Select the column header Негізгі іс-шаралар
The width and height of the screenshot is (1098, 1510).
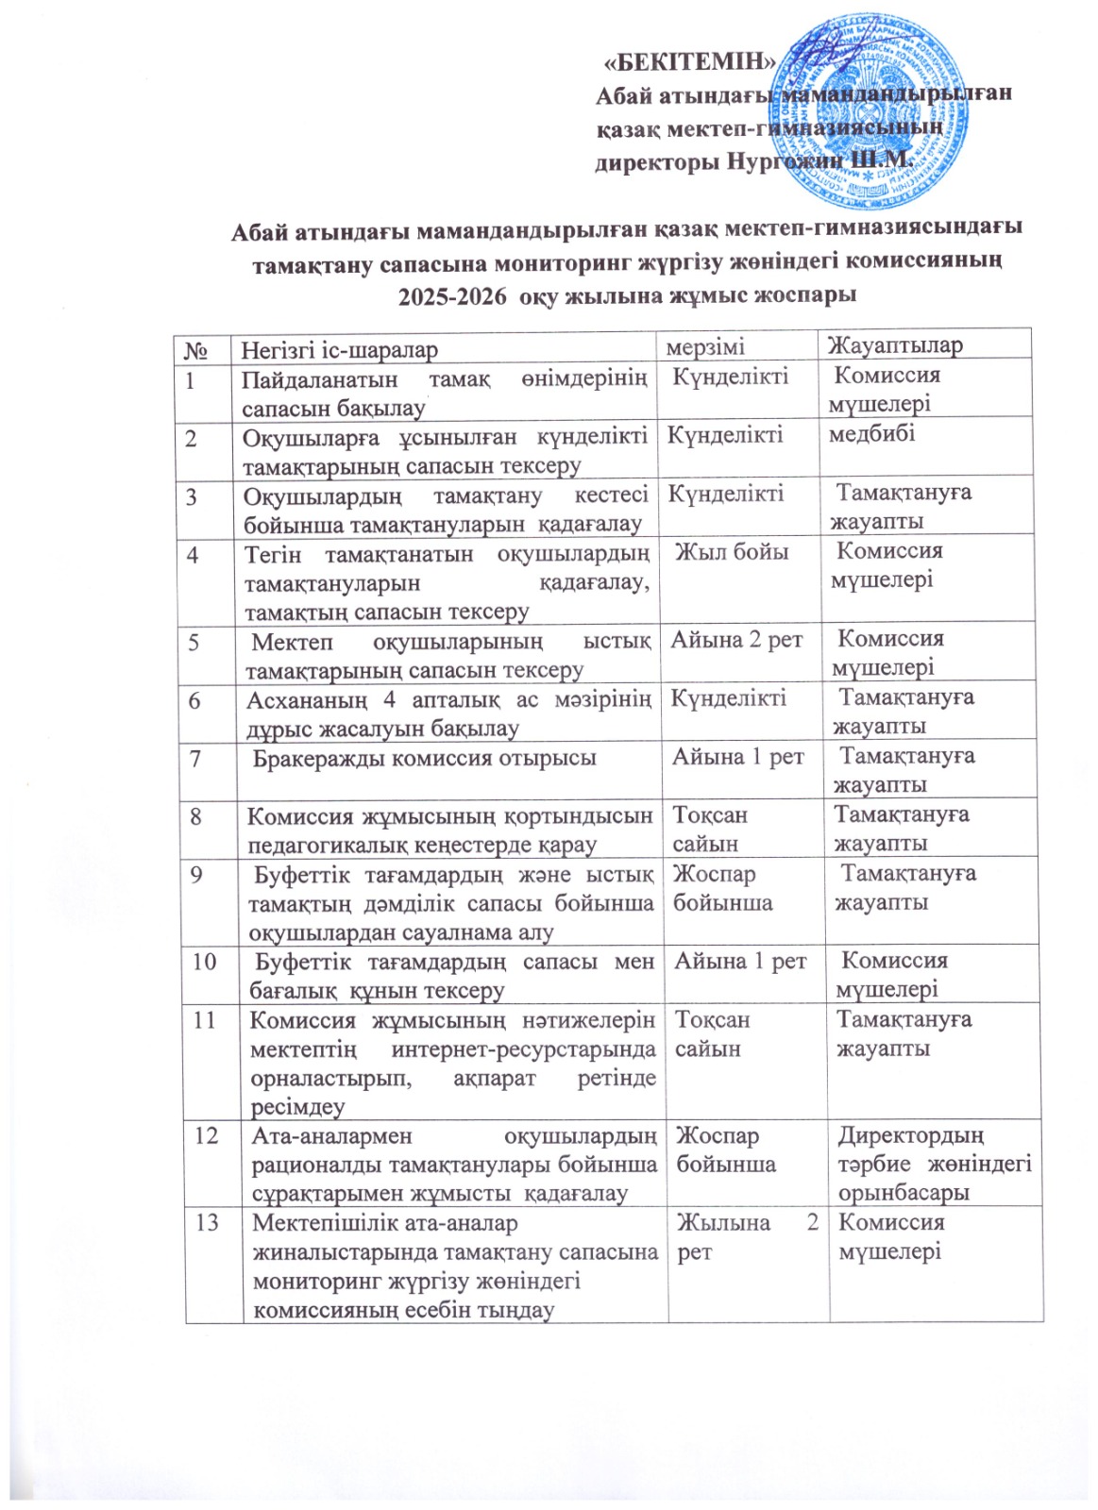tap(340, 350)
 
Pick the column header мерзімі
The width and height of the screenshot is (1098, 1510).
tap(705, 347)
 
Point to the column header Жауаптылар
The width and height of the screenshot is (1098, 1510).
tap(894, 345)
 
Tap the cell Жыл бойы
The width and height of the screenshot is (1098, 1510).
tap(733, 552)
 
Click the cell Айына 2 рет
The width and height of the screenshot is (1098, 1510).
tap(736, 640)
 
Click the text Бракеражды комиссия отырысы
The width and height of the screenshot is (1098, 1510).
tap(425, 758)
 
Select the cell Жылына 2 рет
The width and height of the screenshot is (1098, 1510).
tap(747, 1236)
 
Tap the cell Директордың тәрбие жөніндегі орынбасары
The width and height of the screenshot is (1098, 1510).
tap(934, 1164)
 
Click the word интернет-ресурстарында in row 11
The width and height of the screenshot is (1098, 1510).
tap(524, 1049)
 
